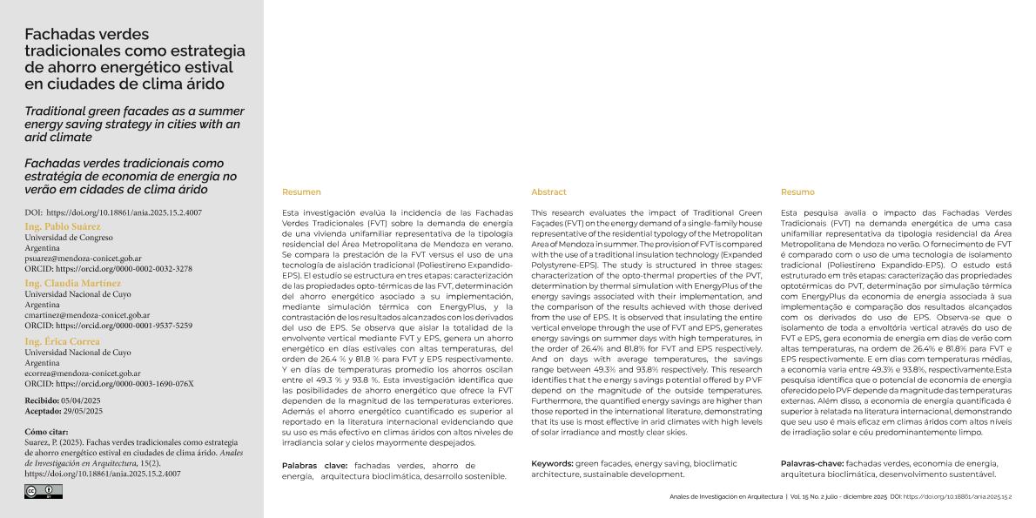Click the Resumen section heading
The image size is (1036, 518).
coord(301,192)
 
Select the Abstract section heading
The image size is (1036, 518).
coord(548,192)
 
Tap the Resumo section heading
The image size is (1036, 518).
coord(797,192)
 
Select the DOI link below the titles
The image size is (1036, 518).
coord(113,212)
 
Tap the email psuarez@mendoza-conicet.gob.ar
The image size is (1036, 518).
coord(83,259)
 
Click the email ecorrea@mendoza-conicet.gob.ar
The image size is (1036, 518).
coord(83,373)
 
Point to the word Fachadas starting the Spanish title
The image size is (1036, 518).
coord(62,35)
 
